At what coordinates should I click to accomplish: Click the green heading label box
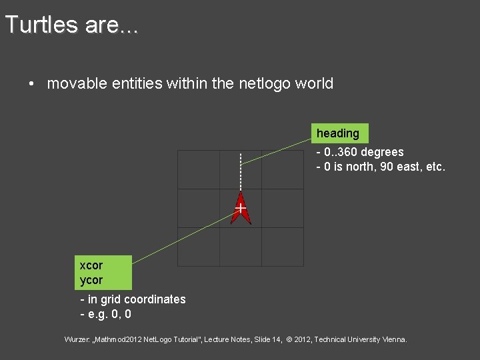pos(338,133)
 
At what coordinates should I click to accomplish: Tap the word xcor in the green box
pos(91,265)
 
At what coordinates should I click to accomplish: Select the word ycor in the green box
pos(91,280)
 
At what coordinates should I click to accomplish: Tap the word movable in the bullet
pos(74,84)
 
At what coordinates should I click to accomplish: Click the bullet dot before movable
pos(31,85)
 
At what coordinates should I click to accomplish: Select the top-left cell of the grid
pos(199,169)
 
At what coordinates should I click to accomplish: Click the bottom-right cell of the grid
pos(283,247)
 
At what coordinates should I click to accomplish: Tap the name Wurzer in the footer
pos(79,339)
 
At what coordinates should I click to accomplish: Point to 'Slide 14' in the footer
pos(265,339)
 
